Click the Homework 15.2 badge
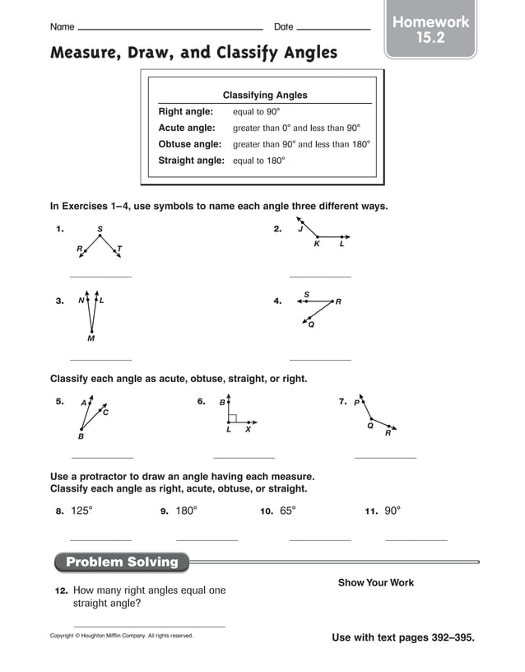coord(430,30)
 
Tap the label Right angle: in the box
coord(185,111)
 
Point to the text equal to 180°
coord(258,161)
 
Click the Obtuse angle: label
coord(189,144)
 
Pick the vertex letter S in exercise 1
coord(100,229)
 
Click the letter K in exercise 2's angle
coord(317,245)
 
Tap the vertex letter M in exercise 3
coord(91,338)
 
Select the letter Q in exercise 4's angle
coord(311,324)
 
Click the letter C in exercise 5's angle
coord(105,412)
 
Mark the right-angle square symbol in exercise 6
coord(233,418)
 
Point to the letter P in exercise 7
coord(357,403)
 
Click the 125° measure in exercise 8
coord(81,511)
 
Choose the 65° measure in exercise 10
coord(287,511)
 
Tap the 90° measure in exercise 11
coord(392,511)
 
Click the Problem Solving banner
coord(122,562)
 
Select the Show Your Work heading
coord(376,582)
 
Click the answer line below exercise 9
coord(207,539)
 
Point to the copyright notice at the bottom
coord(122,635)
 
